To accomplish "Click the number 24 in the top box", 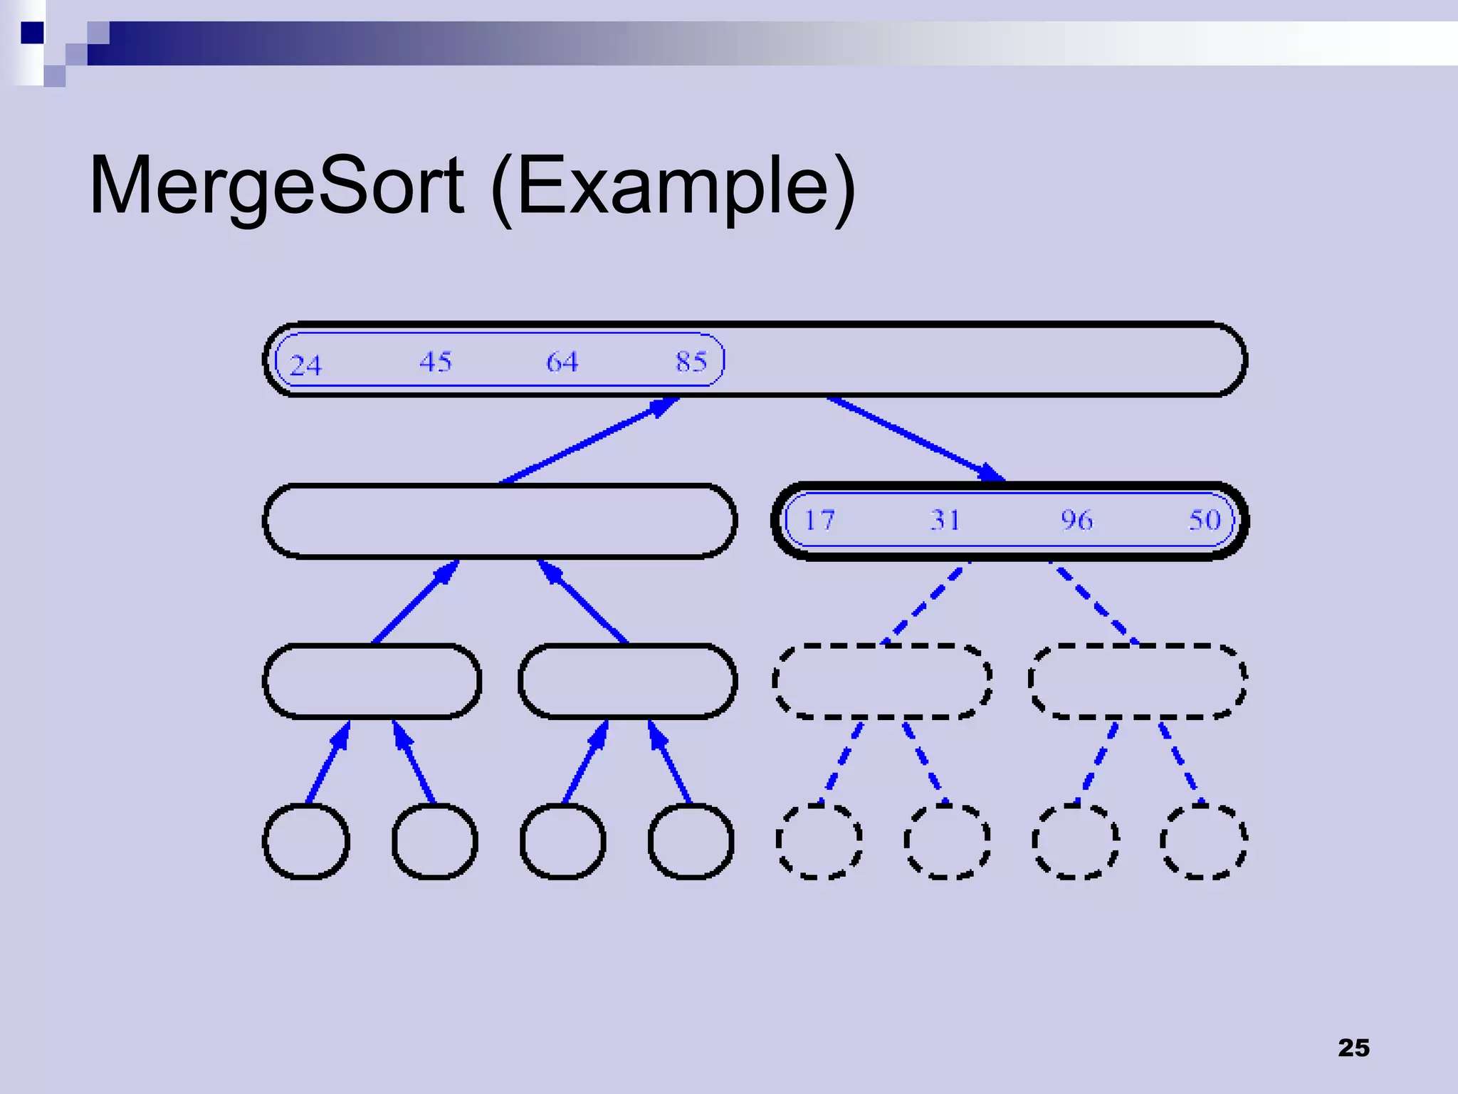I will tap(306, 365).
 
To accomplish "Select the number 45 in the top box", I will tap(435, 362).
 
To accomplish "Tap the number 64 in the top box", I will tap(562, 362).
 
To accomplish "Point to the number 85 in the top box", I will tap(691, 362).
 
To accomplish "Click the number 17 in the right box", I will tap(819, 520).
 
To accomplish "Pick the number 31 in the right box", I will tap(945, 520).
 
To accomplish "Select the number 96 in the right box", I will tap(1076, 520).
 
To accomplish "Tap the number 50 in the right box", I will tap(1205, 520).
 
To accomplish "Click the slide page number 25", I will tap(1353, 1048).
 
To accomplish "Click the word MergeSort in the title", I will tap(276, 185).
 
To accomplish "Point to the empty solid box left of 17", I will tap(500, 521).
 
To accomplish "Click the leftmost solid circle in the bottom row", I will tap(306, 841).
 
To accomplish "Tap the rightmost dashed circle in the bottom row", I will tap(1203, 841).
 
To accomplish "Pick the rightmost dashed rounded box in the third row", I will tap(1138, 681).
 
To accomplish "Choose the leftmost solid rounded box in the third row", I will tap(372, 681).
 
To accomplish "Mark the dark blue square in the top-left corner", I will tap(32, 33).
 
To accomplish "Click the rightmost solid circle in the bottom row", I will tap(691, 841).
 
